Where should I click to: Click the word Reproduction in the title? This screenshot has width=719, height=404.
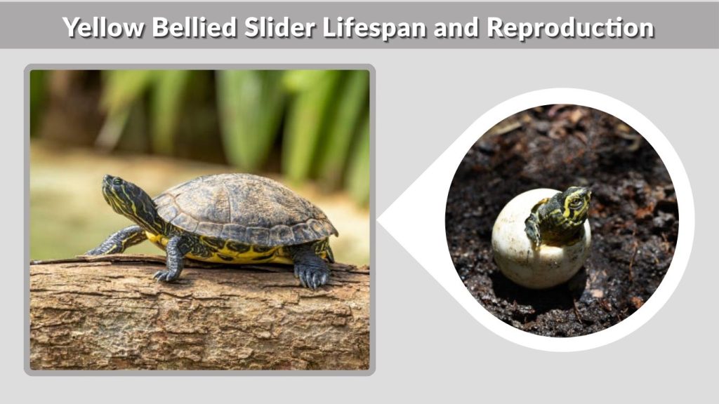click(570, 28)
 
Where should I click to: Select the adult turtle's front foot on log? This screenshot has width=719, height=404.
click(168, 274)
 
